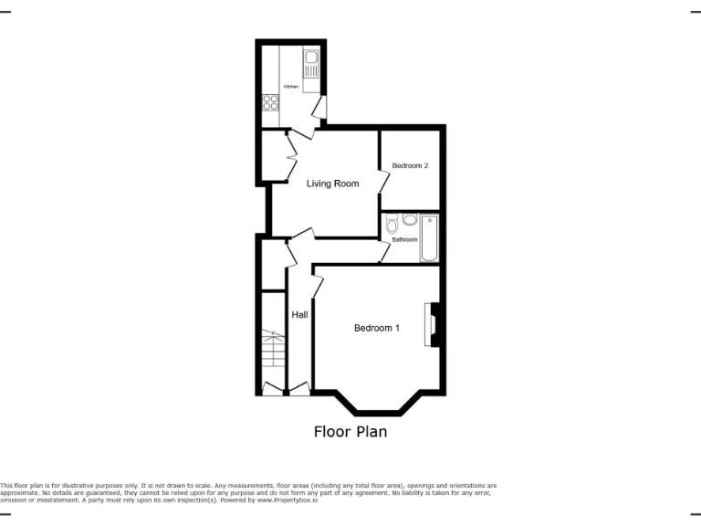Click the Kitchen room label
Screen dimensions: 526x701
(x=290, y=86)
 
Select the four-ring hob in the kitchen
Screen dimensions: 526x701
(x=271, y=102)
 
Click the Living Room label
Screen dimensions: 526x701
(x=332, y=184)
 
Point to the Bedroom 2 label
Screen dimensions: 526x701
(x=410, y=165)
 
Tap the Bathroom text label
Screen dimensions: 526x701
(x=404, y=239)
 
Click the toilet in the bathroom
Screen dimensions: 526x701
(x=392, y=224)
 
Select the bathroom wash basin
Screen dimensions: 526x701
(x=410, y=219)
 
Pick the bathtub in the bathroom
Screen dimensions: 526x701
(x=430, y=238)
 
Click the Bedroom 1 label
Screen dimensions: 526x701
(x=376, y=328)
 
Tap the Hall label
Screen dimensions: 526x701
(x=299, y=315)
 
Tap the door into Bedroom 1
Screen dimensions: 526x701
(x=318, y=285)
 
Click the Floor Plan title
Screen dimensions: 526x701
(x=350, y=432)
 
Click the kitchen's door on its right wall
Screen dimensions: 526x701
(x=319, y=109)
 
